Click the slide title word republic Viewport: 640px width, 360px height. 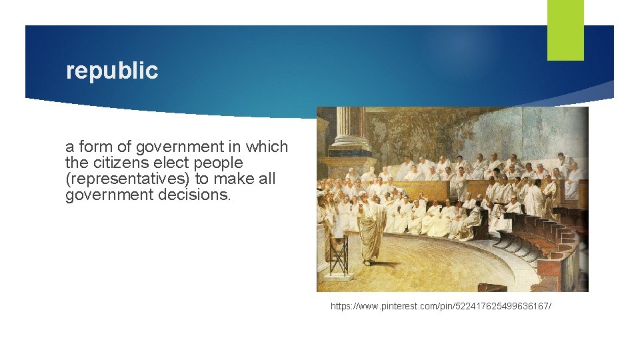pos(112,71)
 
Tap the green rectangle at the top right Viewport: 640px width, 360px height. pos(565,30)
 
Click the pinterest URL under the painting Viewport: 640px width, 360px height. pos(441,306)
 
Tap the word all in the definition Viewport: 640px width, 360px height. pos(265,179)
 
